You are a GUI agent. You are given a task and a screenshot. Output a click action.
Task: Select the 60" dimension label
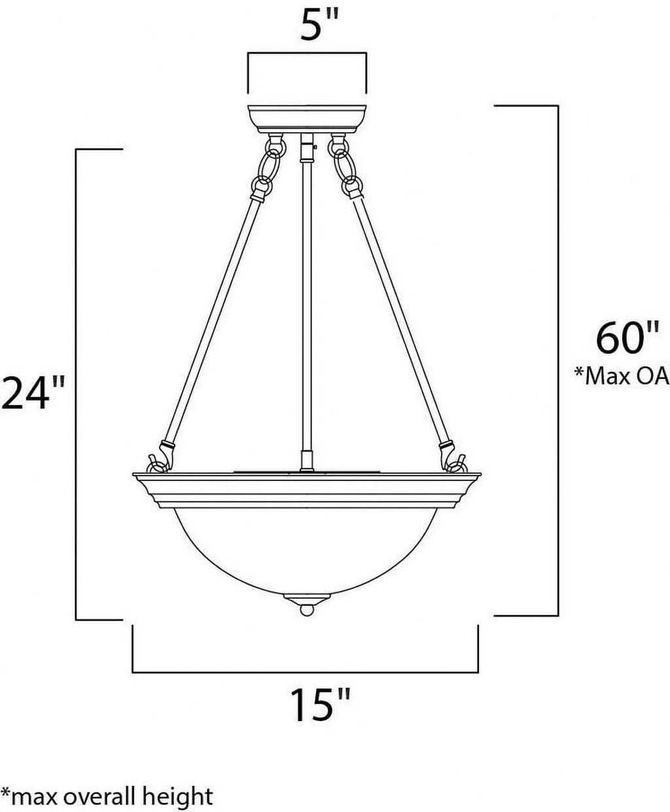point(627,338)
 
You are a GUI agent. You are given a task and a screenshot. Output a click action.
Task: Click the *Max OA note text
point(622,376)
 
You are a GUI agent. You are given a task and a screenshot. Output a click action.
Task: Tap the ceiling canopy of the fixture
point(308,118)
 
